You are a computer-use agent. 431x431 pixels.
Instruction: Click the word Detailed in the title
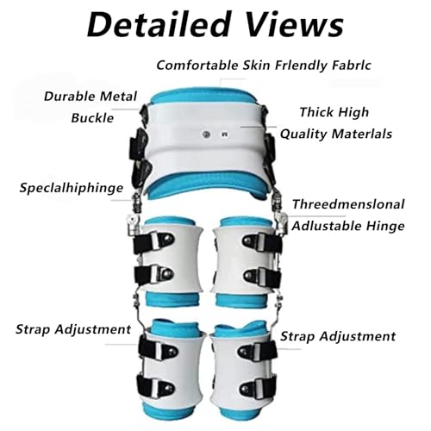click(x=159, y=24)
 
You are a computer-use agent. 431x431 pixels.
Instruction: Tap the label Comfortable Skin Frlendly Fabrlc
click(x=264, y=66)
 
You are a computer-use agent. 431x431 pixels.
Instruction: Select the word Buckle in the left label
click(x=92, y=118)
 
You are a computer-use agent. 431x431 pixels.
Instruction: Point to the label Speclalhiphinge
click(x=72, y=189)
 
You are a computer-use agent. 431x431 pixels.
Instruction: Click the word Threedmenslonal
click(x=348, y=204)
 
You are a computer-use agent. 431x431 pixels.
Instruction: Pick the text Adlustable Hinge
click(x=348, y=226)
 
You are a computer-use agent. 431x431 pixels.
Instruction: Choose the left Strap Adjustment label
click(x=73, y=329)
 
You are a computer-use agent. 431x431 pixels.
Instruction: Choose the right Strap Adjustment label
click(x=338, y=336)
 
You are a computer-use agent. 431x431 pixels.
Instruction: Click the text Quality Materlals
click(x=336, y=134)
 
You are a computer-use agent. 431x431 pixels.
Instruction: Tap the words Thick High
click(x=334, y=112)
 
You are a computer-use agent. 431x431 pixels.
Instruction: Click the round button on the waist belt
click(x=206, y=134)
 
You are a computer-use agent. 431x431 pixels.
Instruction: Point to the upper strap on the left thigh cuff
click(x=153, y=241)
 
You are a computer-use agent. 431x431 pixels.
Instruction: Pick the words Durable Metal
click(x=91, y=97)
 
